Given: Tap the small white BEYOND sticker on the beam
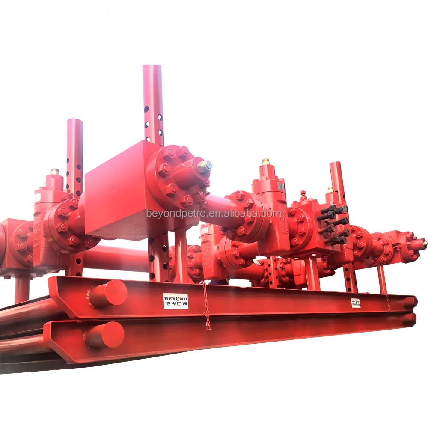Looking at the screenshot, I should click(x=356, y=303).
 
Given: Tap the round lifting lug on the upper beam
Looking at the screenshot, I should click(x=108, y=293).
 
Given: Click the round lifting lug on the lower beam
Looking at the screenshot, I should click(x=105, y=334).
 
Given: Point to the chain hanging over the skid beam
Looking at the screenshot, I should click(x=206, y=308).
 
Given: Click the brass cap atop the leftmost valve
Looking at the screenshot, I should click(x=55, y=171).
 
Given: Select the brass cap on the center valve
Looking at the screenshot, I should click(x=266, y=162).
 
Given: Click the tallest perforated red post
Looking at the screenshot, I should click(x=153, y=103).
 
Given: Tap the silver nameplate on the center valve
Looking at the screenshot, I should click(x=281, y=186).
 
